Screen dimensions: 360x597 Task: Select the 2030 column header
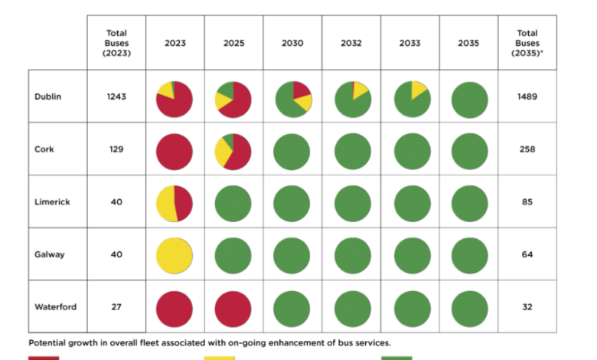tap(292, 43)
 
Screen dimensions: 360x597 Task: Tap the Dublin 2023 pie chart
tap(175, 98)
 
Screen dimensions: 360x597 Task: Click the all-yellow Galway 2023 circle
tap(175, 255)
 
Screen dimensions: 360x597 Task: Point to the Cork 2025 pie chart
tap(233, 151)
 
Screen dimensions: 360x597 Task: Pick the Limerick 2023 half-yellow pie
tap(175, 203)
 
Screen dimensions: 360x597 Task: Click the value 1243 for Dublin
tap(116, 97)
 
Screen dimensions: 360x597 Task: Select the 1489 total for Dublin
tap(527, 97)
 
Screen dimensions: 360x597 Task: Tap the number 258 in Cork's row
tap(527, 149)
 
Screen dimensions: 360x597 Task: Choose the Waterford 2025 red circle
tap(233, 308)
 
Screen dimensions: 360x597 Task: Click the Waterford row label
tap(56, 307)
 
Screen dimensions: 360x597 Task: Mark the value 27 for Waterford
tap(116, 307)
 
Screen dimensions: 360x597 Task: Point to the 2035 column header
tap(468, 43)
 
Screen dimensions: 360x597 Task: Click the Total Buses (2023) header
tap(116, 43)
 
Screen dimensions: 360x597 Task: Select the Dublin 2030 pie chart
tap(292, 98)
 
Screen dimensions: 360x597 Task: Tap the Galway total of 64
tap(527, 254)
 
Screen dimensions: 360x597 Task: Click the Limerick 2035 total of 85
tap(527, 202)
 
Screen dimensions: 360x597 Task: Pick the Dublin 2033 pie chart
tap(410, 98)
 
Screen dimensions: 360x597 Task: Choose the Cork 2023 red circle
tap(175, 151)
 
